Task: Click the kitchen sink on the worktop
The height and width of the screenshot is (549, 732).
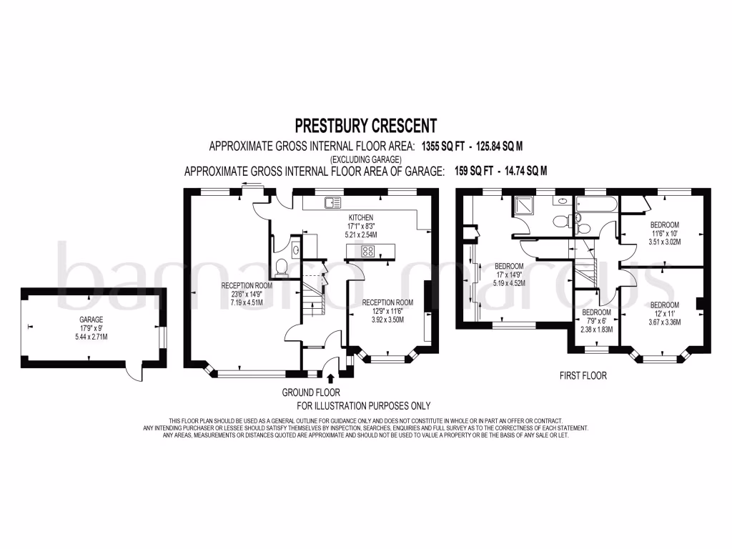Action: coord(332,203)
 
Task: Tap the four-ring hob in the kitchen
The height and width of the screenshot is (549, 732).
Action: coord(368,251)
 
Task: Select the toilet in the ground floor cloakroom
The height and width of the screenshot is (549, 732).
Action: coord(285,267)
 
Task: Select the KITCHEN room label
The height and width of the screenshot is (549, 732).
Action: coord(361,217)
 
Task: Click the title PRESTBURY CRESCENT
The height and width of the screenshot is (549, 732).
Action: coord(365,127)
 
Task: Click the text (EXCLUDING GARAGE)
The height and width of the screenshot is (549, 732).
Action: coord(365,159)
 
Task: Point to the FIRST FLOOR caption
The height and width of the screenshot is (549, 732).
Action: coord(584,375)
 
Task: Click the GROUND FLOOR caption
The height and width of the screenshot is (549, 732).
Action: coord(310,392)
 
